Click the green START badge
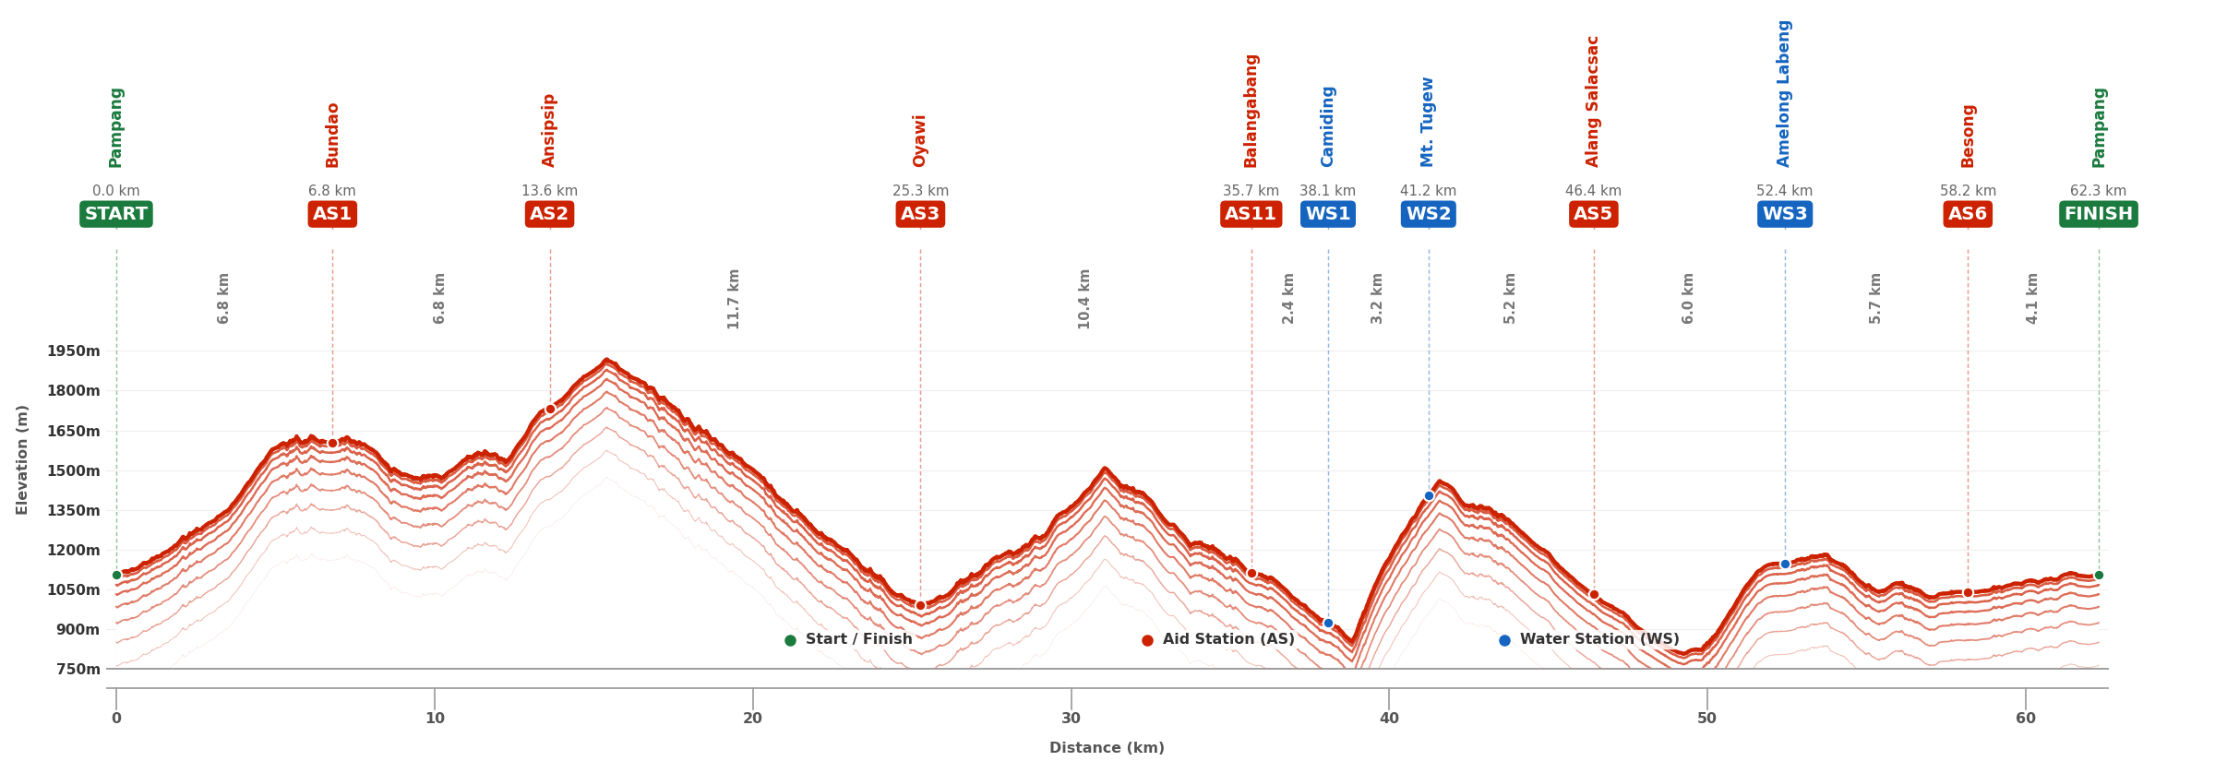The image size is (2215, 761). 115,214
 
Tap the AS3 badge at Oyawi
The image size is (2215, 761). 920,214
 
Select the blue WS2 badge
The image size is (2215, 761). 1429,214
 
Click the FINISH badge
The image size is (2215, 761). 2099,214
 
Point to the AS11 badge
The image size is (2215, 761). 1251,214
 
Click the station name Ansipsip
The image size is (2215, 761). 549,130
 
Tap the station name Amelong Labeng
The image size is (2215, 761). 1784,93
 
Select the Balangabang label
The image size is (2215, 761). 1251,111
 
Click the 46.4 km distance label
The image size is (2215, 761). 1593,191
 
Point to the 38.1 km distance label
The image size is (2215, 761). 1327,191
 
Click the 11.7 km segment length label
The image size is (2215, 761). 734,299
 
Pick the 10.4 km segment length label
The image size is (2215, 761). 1084,299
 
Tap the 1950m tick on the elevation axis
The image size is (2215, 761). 74,351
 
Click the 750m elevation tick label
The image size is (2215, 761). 78,669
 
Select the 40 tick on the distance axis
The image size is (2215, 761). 1389,719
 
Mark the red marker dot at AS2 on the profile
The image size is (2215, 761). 550,409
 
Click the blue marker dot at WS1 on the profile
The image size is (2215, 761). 1328,623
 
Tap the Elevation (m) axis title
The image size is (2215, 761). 22,459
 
